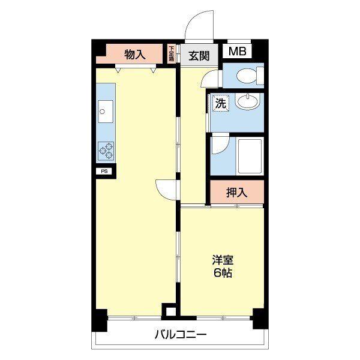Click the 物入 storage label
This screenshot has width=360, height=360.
click(x=135, y=55)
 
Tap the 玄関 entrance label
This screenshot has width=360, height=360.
click(x=199, y=56)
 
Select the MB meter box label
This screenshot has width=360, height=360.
click(x=238, y=51)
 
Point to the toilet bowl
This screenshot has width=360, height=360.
click(x=247, y=76)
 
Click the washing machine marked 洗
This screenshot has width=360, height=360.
click(x=221, y=103)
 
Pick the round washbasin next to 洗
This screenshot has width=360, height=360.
click(x=247, y=101)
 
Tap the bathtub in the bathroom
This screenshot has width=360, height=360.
click(x=250, y=156)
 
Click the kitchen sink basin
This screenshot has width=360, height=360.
click(x=106, y=112)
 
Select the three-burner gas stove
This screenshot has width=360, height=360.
click(x=106, y=151)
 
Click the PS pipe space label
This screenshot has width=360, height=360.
click(x=104, y=171)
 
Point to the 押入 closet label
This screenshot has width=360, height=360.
click(x=237, y=193)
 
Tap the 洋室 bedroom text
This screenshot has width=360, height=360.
click(x=223, y=260)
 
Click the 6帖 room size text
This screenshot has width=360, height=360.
click(x=223, y=273)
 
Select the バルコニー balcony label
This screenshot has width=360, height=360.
click(x=181, y=335)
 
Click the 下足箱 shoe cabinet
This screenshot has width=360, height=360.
click(x=171, y=54)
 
